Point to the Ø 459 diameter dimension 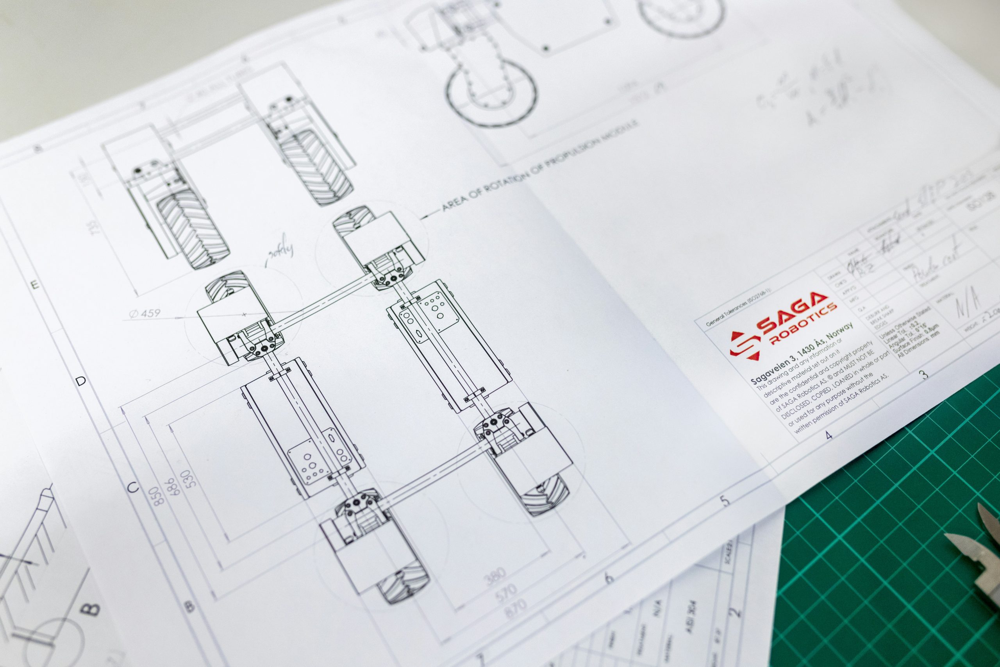tap(145, 313)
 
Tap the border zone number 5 tap(725, 501)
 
